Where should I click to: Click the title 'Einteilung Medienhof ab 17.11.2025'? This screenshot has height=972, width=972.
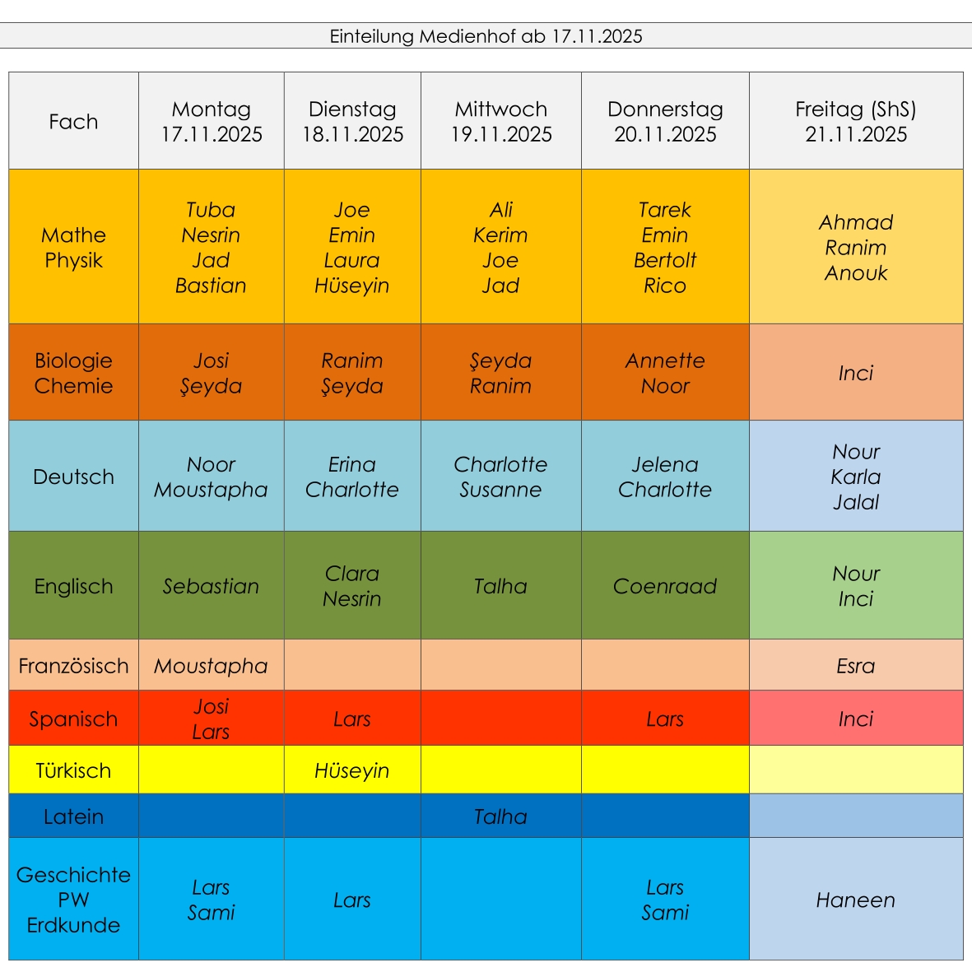(x=486, y=36)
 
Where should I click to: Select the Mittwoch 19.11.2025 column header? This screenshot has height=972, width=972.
(x=500, y=122)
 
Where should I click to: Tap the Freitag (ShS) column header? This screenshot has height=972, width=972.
(x=856, y=122)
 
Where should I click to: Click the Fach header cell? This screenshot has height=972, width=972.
(x=73, y=122)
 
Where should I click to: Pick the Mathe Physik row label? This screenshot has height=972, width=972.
(x=73, y=248)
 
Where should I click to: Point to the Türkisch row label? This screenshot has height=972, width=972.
(x=73, y=770)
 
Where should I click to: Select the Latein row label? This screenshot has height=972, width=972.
(x=73, y=816)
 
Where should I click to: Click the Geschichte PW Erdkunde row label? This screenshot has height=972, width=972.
(x=73, y=900)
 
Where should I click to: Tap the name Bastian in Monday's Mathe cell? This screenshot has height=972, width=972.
(x=211, y=286)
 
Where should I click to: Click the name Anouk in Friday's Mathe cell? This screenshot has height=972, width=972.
(x=856, y=273)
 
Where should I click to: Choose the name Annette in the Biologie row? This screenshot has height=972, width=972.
(x=665, y=360)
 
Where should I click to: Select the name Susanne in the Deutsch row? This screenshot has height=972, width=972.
(x=500, y=490)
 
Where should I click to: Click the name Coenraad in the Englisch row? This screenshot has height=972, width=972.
(x=665, y=586)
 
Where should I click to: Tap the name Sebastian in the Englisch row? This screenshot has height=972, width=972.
(x=211, y=586)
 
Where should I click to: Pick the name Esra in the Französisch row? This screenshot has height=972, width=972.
(x=856, y=666)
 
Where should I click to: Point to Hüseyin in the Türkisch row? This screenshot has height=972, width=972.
(x=351, y=770)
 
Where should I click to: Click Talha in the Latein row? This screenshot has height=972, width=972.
(x=500, y=816)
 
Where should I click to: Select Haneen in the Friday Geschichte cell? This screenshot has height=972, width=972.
(x=856, y=900)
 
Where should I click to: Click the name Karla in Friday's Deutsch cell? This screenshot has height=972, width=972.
(x=856, y=477)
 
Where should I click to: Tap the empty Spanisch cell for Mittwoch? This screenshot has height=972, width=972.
(x=500, y=719)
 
